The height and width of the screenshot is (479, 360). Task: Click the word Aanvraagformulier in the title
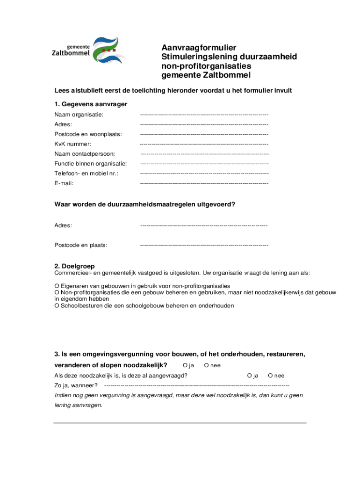pyautogui.click(x=199, y=48)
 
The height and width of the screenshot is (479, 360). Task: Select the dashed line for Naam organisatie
pyautogui.click(x=204, y=115)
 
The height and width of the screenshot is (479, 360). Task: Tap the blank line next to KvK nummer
pyautogui.click(x=204, y=144)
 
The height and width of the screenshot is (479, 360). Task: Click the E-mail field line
pyautogui.click(x=204, y=183)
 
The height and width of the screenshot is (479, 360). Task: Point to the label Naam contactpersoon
pyautogui.click(x=85, y=154)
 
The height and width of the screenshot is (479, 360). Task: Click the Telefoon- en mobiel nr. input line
pyautogui.click(x=204, y=174)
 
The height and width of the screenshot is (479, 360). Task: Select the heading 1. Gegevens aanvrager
pyautogui.click(x=91, y=104)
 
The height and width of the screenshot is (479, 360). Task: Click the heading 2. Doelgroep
pyautogui.click(x=75, y=266)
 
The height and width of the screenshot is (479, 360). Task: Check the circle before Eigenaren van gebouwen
pyautogui.click(x=57, y=286)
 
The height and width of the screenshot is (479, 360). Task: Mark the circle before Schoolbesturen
pyautogui.click(x=57, y=305)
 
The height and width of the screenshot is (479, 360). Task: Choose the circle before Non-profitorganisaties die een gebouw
pyautogui.click(x=57, y=292)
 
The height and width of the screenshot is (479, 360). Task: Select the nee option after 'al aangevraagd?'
pyautogui.click(x=270, y=376)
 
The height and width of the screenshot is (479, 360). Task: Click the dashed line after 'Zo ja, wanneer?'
pyautogui.click(x=196, y=385)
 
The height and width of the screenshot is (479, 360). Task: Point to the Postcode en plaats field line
pyautogui.click(x=204, y=245)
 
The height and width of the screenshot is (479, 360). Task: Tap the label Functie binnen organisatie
pyautogui.click(x=91, y=164)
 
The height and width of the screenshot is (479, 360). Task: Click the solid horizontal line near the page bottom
pyautogui.click(x=180, y=423)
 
